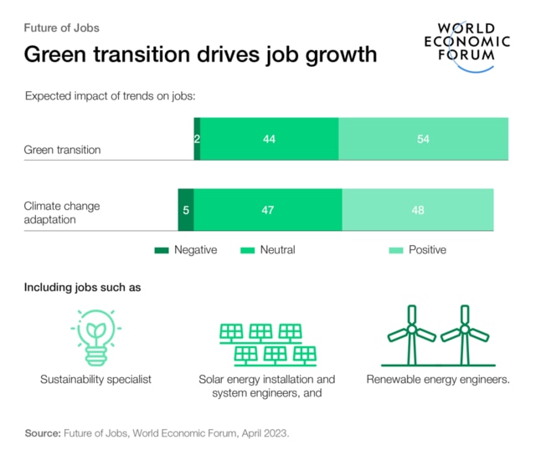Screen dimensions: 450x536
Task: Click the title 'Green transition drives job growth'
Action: (x=200, y=55)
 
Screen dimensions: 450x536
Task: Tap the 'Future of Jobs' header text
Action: (x=61, y=28)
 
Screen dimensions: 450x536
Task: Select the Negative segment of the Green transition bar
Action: (x=197, y=139)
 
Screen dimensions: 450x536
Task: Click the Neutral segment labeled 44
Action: (x=269, y=139)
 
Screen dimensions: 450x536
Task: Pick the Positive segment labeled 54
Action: (x=423, y=139)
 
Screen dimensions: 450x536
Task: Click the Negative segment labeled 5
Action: (x=186, y=210)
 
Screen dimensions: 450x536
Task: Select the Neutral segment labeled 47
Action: (x=268, y=210)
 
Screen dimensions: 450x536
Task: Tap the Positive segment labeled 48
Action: (x=417, y=210)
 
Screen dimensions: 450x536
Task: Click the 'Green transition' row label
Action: (x=62, y=151)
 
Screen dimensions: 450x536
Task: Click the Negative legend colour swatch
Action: (x=161, y=250)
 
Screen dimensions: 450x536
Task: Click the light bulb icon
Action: (x=95, y=336)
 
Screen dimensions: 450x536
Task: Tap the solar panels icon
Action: (x=267, y=343)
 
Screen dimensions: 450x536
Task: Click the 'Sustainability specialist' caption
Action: (x=95, y=380)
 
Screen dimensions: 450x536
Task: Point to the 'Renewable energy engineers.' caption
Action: (x=438, y=380)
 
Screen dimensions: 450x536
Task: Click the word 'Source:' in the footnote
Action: (x=41, y=434)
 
